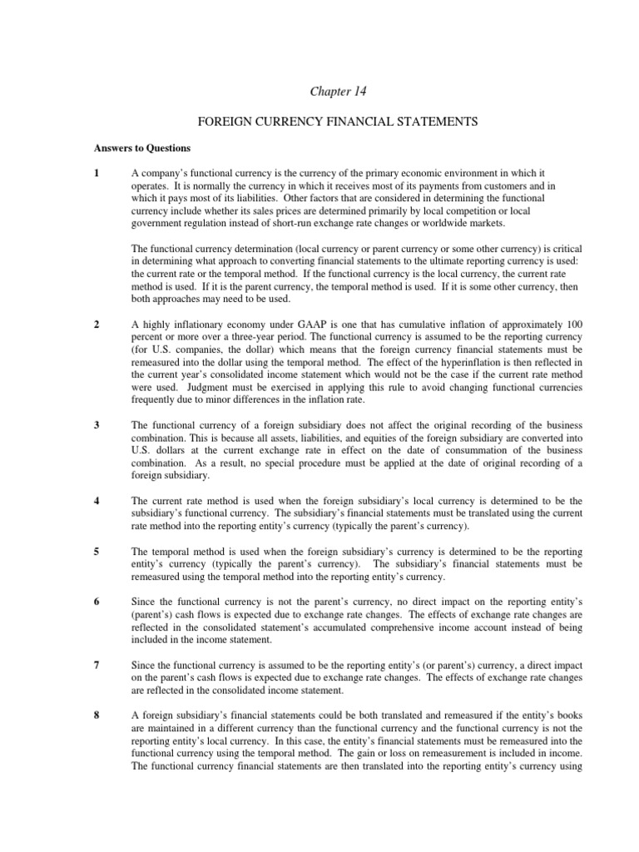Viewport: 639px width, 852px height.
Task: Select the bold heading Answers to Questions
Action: click(141, 148)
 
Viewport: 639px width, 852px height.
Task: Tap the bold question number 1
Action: click(97, 173)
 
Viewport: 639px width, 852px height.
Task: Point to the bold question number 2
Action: click(97, 322)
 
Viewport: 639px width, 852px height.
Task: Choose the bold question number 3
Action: click(97, 424)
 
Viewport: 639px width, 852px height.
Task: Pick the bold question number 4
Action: click(97, 501)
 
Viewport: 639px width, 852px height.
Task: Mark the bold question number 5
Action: click(97, 552)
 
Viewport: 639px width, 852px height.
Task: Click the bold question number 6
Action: click(97, 603)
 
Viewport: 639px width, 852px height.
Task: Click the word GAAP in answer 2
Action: click(286, 322)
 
